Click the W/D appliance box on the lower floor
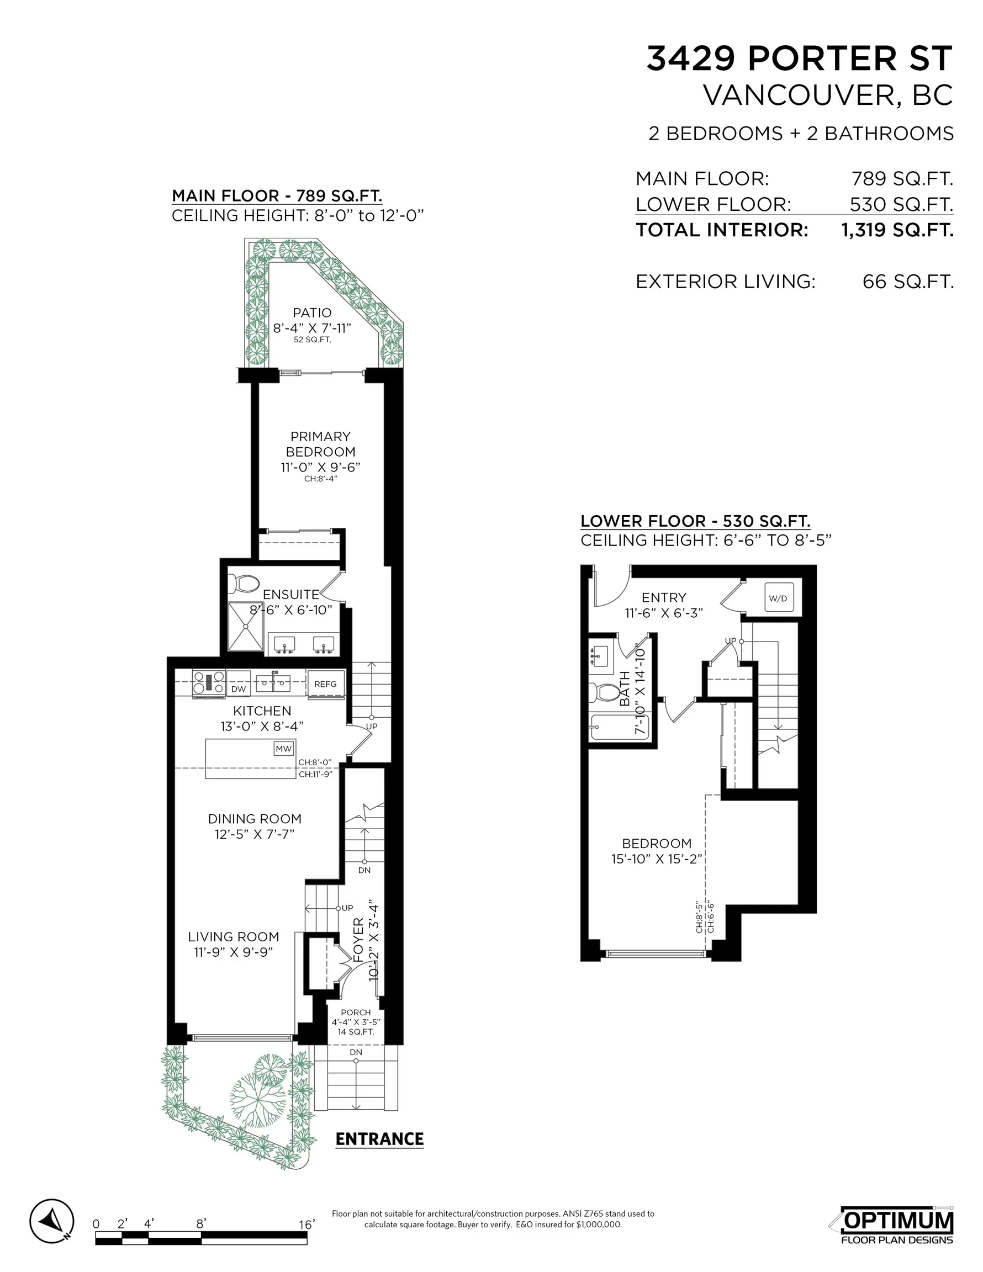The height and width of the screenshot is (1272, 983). tap(778, 598)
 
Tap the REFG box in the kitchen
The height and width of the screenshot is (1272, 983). tap(326, 684)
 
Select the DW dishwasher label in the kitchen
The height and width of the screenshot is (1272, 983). tap(239, 688)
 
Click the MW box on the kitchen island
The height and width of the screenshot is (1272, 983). tap(284, 749)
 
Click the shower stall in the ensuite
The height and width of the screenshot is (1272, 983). tap(246, 626)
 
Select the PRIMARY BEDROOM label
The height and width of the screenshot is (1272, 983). tap(320, 444)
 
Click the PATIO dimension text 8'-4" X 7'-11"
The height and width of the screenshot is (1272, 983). tap(313, 328)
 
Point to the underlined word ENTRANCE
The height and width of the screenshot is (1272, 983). tap(379, 1138)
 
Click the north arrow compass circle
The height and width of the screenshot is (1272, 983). tap(52, 1221)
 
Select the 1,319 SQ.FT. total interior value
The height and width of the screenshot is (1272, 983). tap(897, 230)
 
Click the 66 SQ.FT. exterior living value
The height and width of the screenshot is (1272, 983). tap(908, 282)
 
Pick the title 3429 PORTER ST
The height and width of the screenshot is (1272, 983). tap(800, 59)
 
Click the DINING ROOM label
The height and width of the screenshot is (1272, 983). tap(255, 818)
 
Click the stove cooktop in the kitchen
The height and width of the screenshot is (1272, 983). tap(209, 683)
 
